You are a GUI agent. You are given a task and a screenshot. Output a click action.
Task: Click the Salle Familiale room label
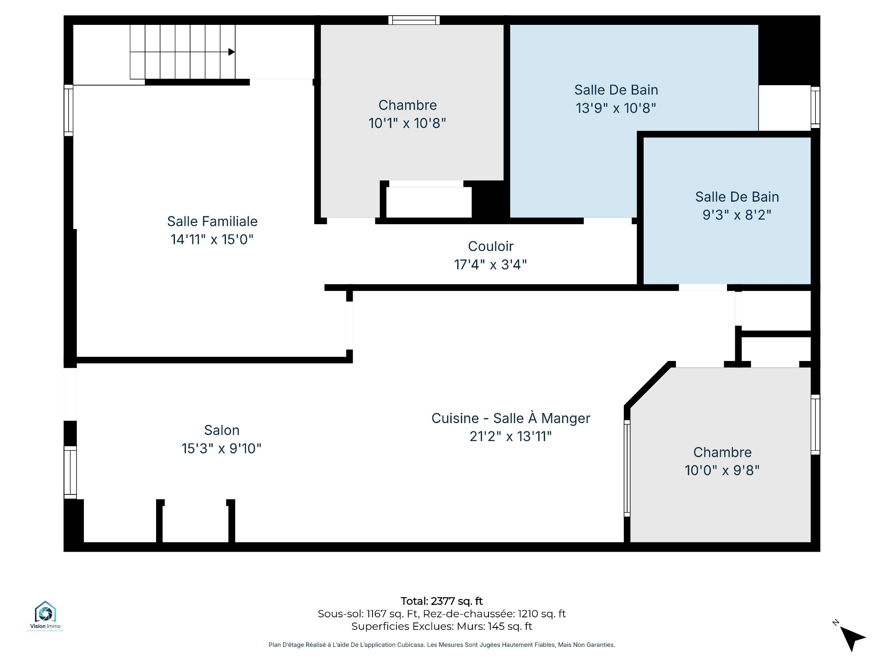[212, 221]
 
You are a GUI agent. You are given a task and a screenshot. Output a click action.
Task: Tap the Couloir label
[491, 246]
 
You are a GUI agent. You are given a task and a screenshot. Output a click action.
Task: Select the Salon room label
[222, 430]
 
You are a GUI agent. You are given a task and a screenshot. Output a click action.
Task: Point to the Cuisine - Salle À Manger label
[511, 418]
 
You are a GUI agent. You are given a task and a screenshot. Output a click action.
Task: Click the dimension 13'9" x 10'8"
[616, 108]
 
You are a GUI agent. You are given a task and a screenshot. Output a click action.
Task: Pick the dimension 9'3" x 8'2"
[737, 215]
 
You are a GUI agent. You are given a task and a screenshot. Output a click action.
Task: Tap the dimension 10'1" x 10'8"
[407, 123]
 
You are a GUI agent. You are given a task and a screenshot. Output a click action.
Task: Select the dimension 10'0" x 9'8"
[722, 471]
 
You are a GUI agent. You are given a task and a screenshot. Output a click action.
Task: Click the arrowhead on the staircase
[232, 52]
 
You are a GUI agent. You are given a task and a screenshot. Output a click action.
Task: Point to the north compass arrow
[852, 638]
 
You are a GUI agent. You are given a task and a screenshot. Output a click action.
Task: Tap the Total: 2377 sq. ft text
[442, 601]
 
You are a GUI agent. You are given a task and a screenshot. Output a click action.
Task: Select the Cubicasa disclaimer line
[442, 645]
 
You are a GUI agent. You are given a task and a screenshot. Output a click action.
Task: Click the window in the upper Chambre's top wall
[414, 20]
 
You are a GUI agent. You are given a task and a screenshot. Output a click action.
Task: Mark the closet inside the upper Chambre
[429, 202]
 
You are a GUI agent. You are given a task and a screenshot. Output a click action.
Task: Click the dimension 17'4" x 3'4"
[491, 265]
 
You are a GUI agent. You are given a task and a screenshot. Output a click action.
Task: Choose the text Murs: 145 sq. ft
[494, 626]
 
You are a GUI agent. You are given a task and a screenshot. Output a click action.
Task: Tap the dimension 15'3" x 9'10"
[222, 448]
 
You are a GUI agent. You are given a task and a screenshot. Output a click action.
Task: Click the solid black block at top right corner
[789, 51]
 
